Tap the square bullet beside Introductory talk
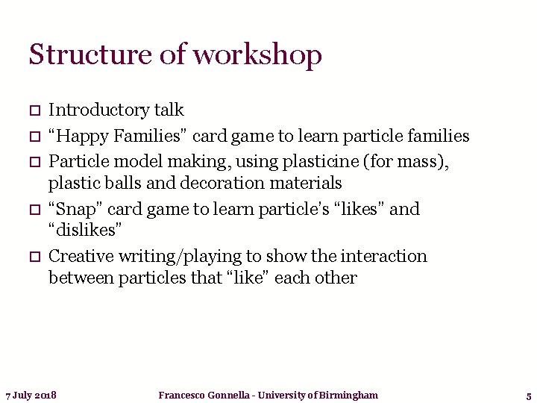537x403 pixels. point(34,111)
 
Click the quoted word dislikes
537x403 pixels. point(84,231)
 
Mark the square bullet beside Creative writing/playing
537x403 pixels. point(34,257)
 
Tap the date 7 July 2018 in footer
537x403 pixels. point(31,395)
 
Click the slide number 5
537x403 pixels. point(528,396)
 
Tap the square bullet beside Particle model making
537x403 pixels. point(34,160)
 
